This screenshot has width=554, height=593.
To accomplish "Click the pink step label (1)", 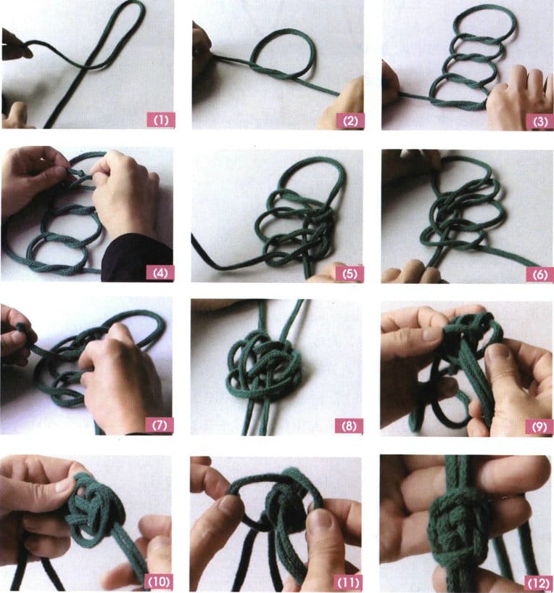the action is pyautogui.click(x=161, y=120).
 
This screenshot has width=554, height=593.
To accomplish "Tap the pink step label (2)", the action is pyautogui.click(x=350, y=121).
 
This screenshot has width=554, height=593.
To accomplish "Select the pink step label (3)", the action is pyautogui.click(x=540, y=122).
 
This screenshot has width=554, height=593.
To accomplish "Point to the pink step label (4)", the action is pyautogui.click(x=160, y=273).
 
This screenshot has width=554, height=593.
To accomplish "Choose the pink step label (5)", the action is pyautogui.click(x=350, y=274).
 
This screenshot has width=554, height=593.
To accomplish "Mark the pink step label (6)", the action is pyautogui.click(x=539, y=274).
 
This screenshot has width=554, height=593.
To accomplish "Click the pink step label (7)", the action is pyautogui.click(x=159, y=425).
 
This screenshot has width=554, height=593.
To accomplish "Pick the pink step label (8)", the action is pyautogui.click(x=349, y=426).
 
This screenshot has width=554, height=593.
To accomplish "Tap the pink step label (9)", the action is pyautogui.click(x=539, y=427).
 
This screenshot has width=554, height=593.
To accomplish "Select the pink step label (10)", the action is pyautogui.click(x=159, y=581).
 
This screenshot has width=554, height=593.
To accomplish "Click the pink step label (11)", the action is pyautogui.click(x=348, y=582).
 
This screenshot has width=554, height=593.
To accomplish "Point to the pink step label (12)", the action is pyautogui.click(x=538, y=583).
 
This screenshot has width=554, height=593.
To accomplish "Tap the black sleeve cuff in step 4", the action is pyautogui.click(x=136, y=257).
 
